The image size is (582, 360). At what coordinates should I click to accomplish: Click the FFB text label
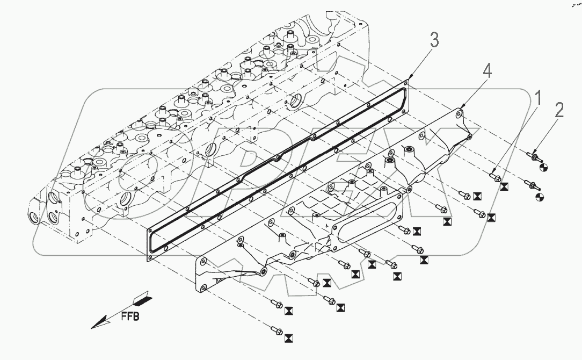tap(129, 316)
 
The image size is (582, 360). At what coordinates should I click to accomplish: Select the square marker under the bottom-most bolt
tap(289, 337)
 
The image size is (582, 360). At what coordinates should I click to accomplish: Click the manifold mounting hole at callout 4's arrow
tap(459, 114)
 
